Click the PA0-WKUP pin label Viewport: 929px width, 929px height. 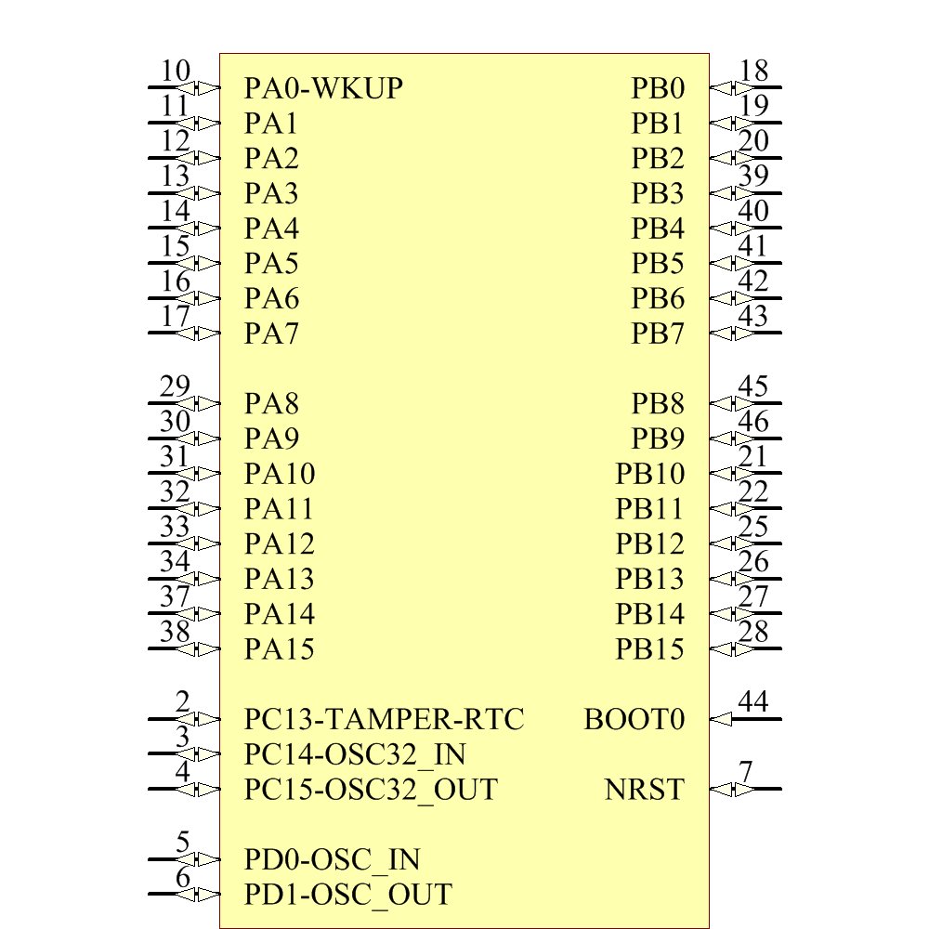(x=323, y=88)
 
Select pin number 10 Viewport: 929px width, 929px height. (x=176, y=71)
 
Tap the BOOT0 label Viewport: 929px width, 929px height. (x=635, y=719)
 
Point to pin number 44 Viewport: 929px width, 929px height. (x=753, y=701)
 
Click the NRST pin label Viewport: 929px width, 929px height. (x=645, y=789)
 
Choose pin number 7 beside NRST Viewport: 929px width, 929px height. (x=746, y=771)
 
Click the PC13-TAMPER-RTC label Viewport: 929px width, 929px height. (x=384, y=719)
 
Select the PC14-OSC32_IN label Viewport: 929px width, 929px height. (x=355, y=754)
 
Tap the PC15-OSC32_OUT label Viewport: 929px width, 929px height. (x=371, y=790)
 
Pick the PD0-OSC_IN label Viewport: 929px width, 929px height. (x=333, y=859)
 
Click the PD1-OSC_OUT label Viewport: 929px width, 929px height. (x=348, y=895)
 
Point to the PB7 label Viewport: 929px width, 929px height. (x=658, y=334)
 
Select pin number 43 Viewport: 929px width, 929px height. (x=753, y=316)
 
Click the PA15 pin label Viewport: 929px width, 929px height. (x=279, y=649)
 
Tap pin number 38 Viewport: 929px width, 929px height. (x=175, y=632)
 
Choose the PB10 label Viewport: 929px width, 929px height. (x=650, y=474)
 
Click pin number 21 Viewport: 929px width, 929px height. (x=753, y=456)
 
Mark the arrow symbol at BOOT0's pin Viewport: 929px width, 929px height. (x=721, y=719)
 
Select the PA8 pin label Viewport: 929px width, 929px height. (x=271, y=404)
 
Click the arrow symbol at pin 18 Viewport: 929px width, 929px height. (x=733, y=88)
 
